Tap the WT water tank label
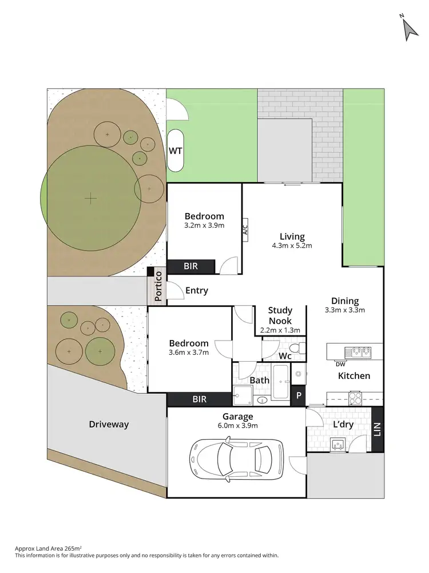175,151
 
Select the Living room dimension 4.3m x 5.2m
292,246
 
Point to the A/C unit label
245,231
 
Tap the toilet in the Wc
297,349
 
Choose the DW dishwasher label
340,364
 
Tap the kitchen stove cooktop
355,397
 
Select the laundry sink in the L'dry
337,442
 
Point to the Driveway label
109,425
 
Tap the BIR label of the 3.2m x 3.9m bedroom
190,266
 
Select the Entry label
196,291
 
